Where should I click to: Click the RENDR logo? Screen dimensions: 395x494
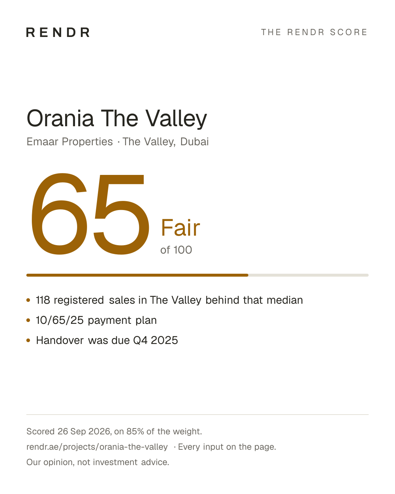point(58,32)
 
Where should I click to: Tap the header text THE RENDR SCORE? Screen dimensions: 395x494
point(314,32)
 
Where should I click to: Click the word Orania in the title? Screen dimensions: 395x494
point(60,119)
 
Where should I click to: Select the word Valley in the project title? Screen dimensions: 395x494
point(176,119)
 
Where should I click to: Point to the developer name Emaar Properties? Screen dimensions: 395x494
point(69,142)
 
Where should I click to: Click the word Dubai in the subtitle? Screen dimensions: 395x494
point(195,142)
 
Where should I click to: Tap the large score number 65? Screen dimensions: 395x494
point(90,214)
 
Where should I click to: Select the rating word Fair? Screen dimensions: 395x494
point(180,228)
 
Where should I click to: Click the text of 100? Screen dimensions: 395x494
point(176,250)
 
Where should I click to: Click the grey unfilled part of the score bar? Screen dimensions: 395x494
point(308,275)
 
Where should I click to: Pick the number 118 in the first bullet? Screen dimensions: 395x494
point(43,300)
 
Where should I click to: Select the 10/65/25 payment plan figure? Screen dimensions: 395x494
point(60,320)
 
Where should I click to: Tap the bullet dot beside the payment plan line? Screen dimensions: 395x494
point(28,320)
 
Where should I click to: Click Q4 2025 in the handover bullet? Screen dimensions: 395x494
point(155,340)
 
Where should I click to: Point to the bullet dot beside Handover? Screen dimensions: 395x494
point(28,340)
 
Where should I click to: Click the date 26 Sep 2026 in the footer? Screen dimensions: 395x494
point(84,431)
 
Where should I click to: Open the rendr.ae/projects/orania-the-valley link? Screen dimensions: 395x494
point(97,447)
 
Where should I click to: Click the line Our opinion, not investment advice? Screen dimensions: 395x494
point(98,462)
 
